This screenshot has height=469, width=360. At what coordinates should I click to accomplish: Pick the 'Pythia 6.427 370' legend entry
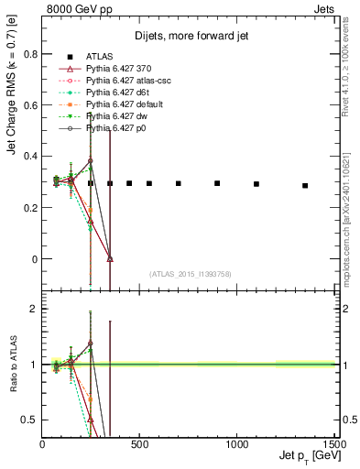[118, 69]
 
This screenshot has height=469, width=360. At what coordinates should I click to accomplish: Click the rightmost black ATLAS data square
[305, 185]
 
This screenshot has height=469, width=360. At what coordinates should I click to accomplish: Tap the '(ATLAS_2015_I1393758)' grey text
[191, 274]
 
